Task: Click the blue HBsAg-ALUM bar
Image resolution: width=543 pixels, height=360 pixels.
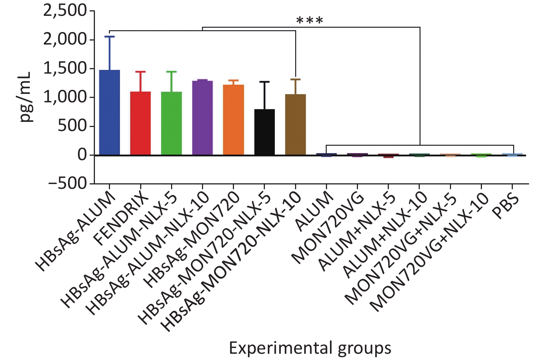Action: pyautogui.click(x=110, y=112)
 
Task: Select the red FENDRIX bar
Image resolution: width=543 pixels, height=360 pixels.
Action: pyautogui.click(x=141, y=123)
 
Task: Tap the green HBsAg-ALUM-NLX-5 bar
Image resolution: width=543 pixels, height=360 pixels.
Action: pyautogui.click(x=171, y=123)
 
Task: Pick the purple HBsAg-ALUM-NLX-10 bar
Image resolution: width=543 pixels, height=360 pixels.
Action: pyautogui.click(x=202, y=118)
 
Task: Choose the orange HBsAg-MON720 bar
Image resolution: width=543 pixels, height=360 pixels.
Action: pyautogui.click(x=233, y=120)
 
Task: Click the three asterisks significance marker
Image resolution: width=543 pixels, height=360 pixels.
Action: pyautogui.click(x=309, y=21)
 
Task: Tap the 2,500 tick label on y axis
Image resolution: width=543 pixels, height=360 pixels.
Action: pyautogui.click(x=65, y=11)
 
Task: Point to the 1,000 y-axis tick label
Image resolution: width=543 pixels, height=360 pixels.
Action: pyautogui.click(x=65, y=98)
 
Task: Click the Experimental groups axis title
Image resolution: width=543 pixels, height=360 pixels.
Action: pyautogui.click(x=310, y=348)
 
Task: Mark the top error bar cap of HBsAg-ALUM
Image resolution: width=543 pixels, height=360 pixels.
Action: pyautogui.click(x=110, y=36)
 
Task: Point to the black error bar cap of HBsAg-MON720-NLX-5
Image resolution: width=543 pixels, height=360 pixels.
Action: pyautogui.click(x=264, y=82)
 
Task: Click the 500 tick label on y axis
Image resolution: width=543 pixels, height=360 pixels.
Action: pyautogui.click(x=72, y=126)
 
